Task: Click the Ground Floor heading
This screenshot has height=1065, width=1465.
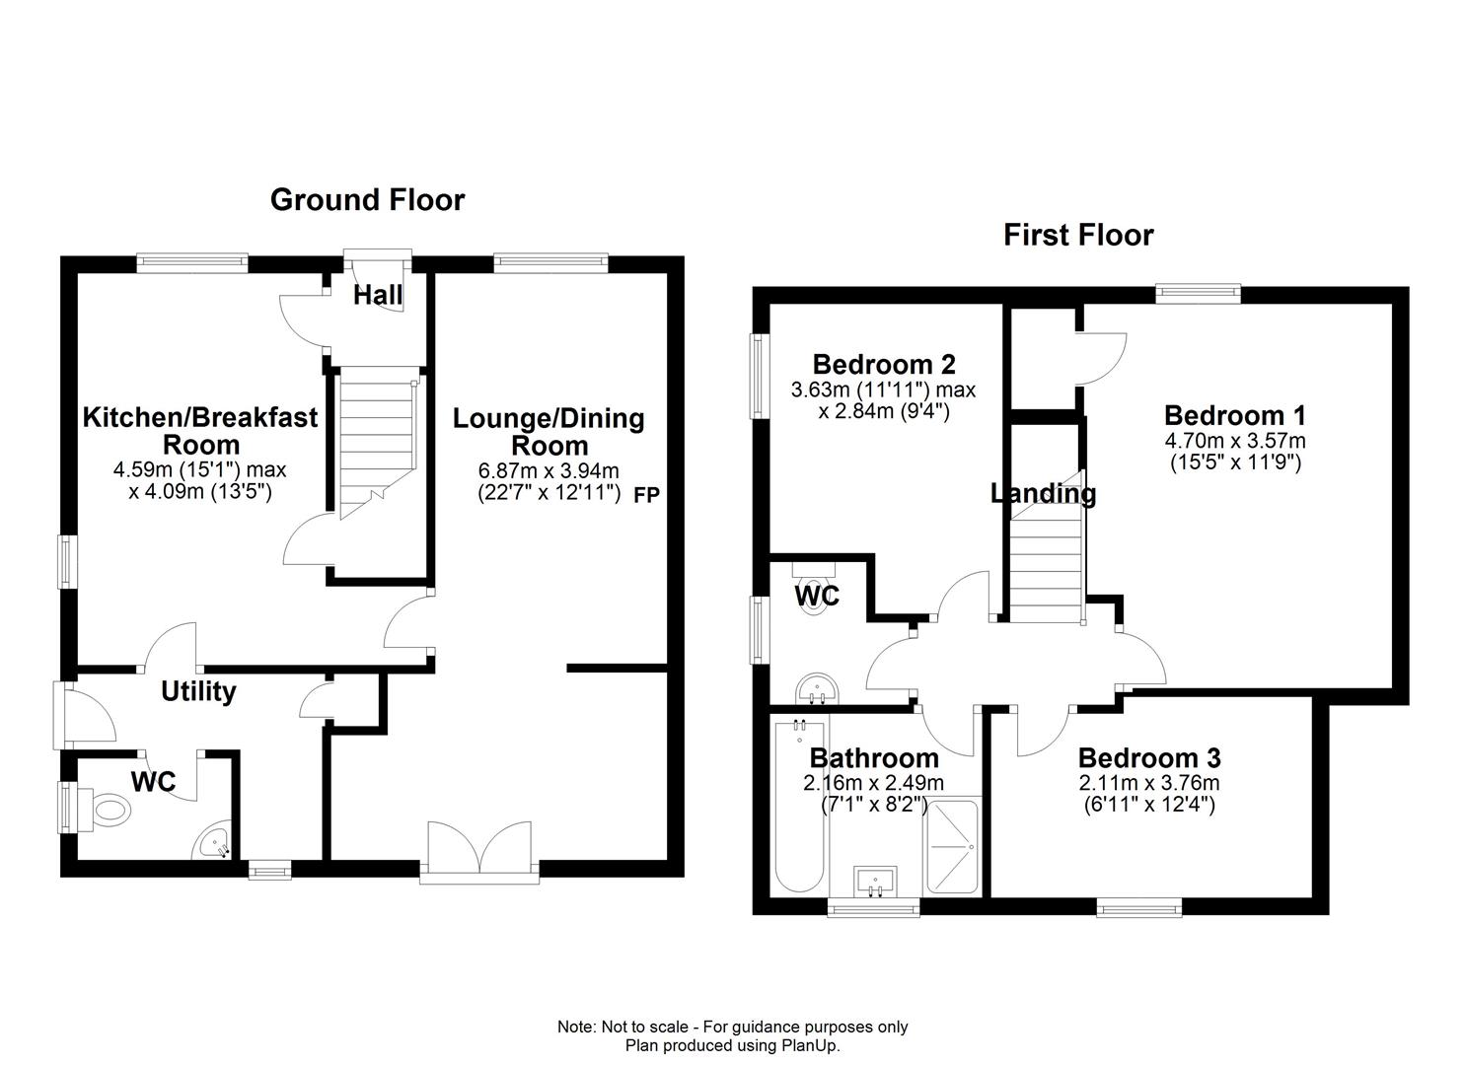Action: click(367, 200)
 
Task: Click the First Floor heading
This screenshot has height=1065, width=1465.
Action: click(1077, 236)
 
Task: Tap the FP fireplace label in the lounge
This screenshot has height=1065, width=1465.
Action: click(645, 495)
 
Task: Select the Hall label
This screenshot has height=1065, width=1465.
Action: click(378, 295)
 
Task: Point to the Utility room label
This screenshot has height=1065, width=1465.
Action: click(198, 691)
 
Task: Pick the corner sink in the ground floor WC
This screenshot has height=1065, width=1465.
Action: click(214, 843)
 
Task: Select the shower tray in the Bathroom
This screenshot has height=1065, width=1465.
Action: click(951, 847)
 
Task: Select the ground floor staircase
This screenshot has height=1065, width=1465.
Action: click(376, 444)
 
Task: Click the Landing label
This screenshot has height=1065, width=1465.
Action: click(1043, 493)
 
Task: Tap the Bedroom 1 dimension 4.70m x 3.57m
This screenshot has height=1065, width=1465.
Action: click(1234, 441)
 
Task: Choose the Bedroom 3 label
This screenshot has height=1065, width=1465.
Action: click(1148, 758)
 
